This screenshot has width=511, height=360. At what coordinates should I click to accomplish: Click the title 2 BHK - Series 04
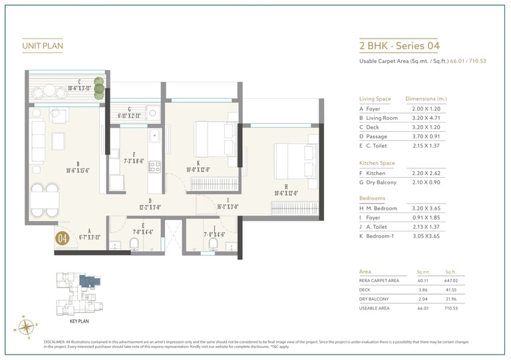point(399,46)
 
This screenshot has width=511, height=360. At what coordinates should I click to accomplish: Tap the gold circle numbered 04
point(63,238)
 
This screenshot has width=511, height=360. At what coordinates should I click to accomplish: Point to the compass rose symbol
point(27,326)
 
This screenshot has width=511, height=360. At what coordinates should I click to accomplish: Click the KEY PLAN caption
point(79,321)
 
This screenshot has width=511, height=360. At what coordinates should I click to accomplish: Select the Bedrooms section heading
point(373,198)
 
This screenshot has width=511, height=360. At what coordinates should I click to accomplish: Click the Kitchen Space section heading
point(377,162)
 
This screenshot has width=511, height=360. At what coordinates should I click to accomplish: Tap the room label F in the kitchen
point(134,154)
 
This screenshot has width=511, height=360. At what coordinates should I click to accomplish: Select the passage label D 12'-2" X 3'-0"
point(150,203)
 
